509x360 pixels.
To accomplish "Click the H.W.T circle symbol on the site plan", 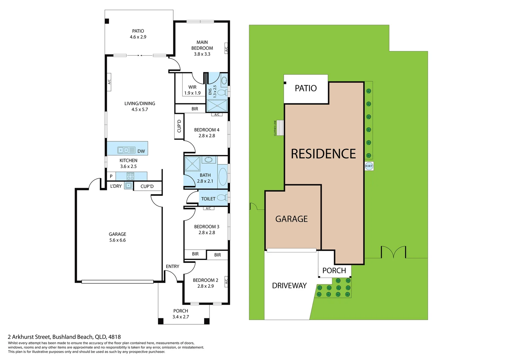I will click(369, 166).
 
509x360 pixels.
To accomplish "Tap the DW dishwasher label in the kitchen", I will click(141, 151).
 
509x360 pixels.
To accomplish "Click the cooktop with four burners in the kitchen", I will click(130, 176).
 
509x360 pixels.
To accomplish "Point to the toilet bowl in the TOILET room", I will click(222, 198).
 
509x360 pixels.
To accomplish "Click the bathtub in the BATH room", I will click(223, 177).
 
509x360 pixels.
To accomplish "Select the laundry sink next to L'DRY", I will click(128, 186).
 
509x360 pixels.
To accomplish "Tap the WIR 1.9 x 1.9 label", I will click(192, 90).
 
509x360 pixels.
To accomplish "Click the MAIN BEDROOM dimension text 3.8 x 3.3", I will click(202, 54).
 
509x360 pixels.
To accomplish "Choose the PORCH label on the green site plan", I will click(334, 271).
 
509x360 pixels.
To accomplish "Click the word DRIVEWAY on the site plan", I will click(289, 286).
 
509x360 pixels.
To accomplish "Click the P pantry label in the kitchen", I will click(111, 176).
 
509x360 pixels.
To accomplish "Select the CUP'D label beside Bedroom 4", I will click(179, 126).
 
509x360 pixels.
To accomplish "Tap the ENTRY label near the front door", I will click(173, 266).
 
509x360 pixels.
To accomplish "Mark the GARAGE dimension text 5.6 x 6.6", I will click(118, 240).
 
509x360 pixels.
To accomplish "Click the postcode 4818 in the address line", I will click(114, 337).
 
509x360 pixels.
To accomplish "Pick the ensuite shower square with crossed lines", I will click(217, 106).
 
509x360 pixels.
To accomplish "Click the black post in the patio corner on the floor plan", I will click(107, 21).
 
